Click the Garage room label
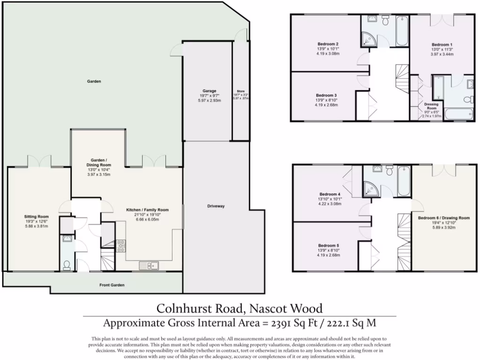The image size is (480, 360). (x=209, y=90)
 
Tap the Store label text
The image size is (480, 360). (x=240, y=91)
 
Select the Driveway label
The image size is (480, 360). (x=216, y=206)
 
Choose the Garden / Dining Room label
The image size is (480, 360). (x=98, y=162)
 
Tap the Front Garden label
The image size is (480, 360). (x=112, y=285)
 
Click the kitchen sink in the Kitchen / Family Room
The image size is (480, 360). (x=150, y=266)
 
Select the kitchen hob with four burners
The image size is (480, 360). (x=120, y=245)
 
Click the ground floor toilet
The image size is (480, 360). (x=67, y=265)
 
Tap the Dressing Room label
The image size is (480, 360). (x=431, y=106)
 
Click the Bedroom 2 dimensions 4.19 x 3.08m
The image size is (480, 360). (x=328, y=53)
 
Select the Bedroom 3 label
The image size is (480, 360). (x=327, y=95)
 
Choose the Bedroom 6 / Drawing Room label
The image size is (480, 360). (x=443, y=218)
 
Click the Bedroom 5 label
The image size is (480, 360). (x=328, y=246)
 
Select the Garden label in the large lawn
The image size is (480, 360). (x=94, y=81)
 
